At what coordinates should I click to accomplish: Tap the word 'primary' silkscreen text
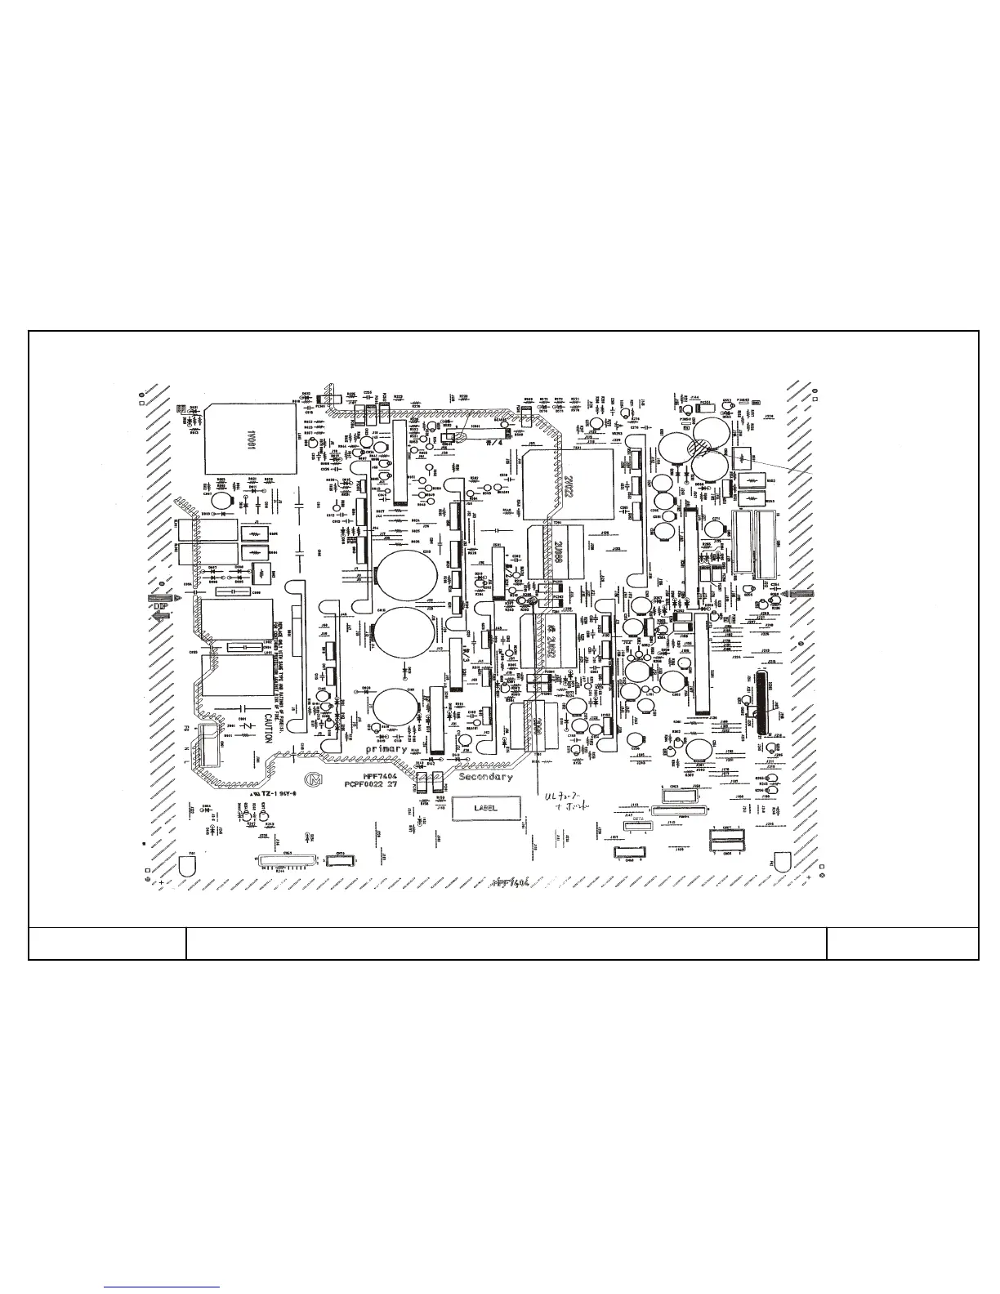[x=386, y=749]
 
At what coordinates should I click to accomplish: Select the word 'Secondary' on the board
[x=485, y=777]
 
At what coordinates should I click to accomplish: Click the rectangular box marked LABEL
[x=485, y=808]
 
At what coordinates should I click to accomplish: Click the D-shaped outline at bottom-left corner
[x=187, y=864]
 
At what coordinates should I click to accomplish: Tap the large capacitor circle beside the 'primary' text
[x=400, y=710]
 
